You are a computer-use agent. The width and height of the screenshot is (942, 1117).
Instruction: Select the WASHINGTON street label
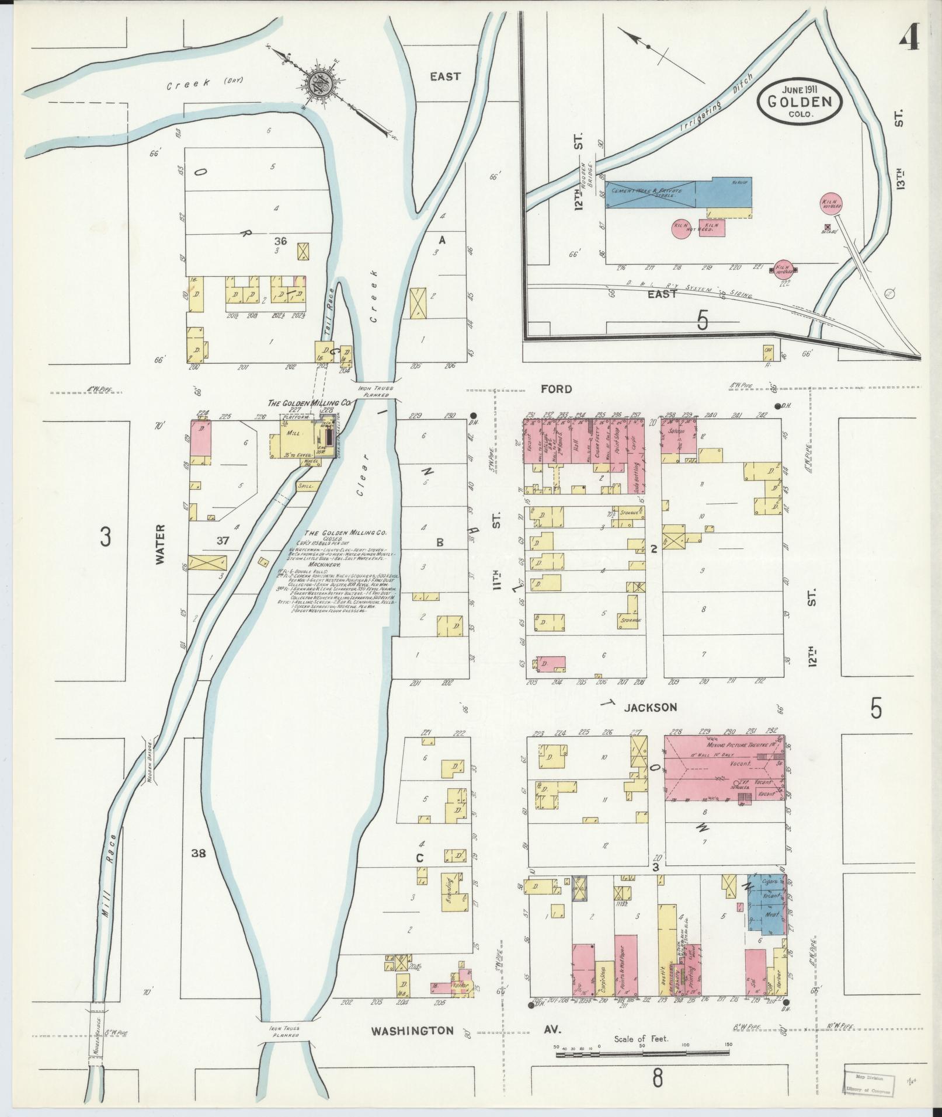coord(413,1031)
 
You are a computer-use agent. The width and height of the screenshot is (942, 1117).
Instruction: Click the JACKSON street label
coord(650,707)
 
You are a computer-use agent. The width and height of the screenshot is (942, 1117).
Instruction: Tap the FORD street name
coord(556,389)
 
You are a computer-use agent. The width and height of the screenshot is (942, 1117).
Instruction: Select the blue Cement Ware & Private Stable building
coord(650,193)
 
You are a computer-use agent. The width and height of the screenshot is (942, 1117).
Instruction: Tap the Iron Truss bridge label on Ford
coord(376,391)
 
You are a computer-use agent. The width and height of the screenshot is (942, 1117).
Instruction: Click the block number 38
coord(199,853)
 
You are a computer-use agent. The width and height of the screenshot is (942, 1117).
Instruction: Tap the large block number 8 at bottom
coord(658,1078)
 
